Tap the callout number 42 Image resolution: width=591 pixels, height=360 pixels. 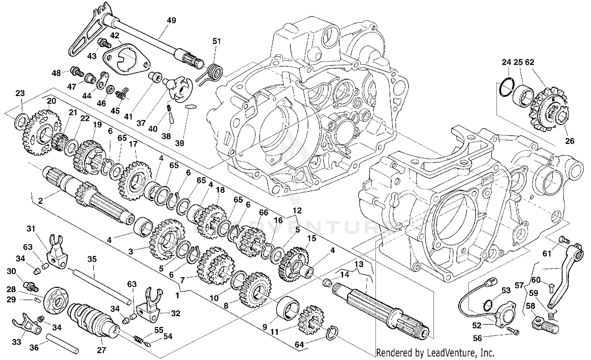114,35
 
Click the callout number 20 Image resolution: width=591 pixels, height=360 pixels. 52,101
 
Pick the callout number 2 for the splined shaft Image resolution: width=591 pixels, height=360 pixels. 41,201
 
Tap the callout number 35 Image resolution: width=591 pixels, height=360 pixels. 92,259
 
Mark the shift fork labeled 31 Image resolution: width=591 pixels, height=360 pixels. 55,249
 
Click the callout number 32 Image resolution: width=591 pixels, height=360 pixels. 175,313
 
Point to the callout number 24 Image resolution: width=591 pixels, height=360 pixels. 506,62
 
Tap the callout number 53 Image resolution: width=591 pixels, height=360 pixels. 506,291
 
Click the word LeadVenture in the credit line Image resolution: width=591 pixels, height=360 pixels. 444,353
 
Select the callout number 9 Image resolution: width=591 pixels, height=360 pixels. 265,327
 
